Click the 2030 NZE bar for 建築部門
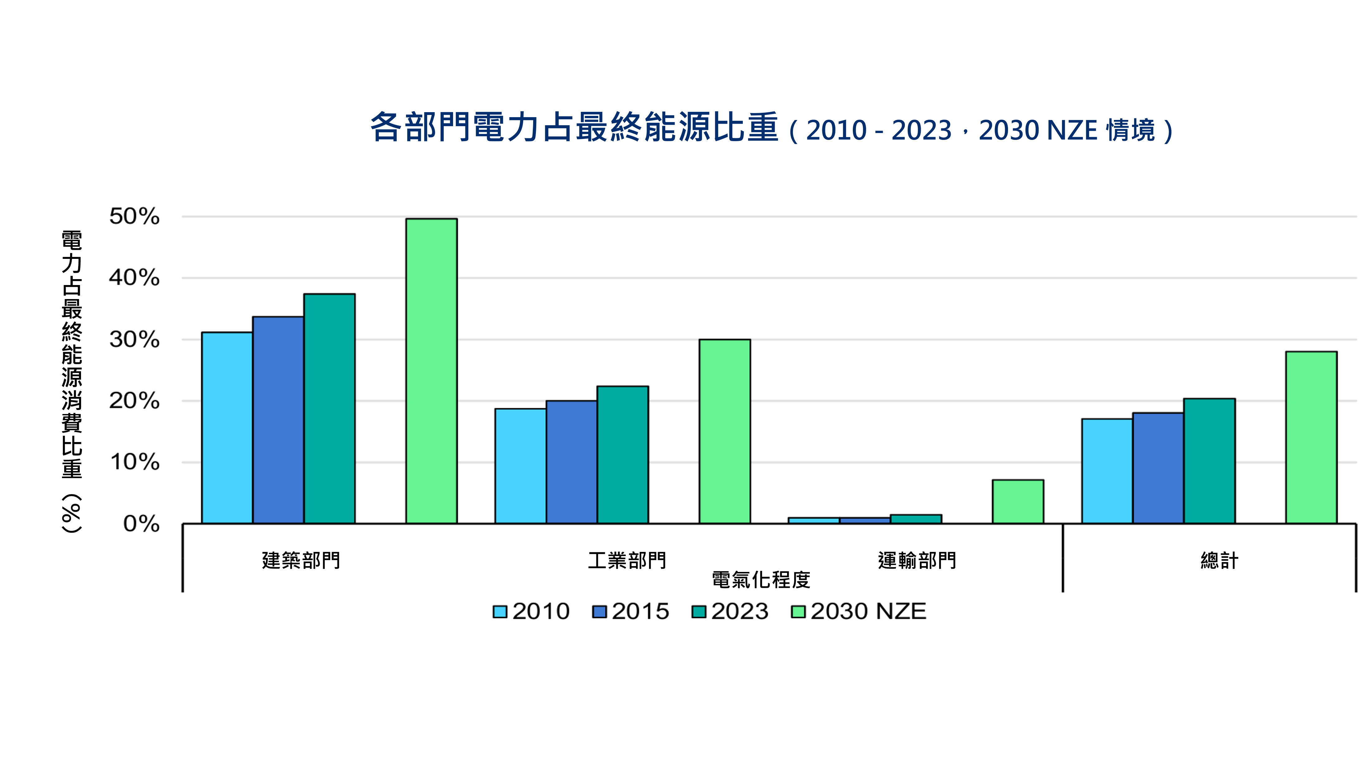(x=431, y=371)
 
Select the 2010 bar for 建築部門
(x=227, y=428)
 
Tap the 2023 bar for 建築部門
(x=329, y=409)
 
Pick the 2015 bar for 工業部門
(x=571, y=462)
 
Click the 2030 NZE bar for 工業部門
(x=724, y=431)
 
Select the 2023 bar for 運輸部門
(x=915, y=519)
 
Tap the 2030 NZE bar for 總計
(x=1311, y=437)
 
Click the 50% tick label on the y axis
(x=134, y=217)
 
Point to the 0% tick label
(x=141, y=524)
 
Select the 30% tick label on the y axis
(x=134, y=340)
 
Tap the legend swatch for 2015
(x=599, y=612)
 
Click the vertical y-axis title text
(x=72, y=380)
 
